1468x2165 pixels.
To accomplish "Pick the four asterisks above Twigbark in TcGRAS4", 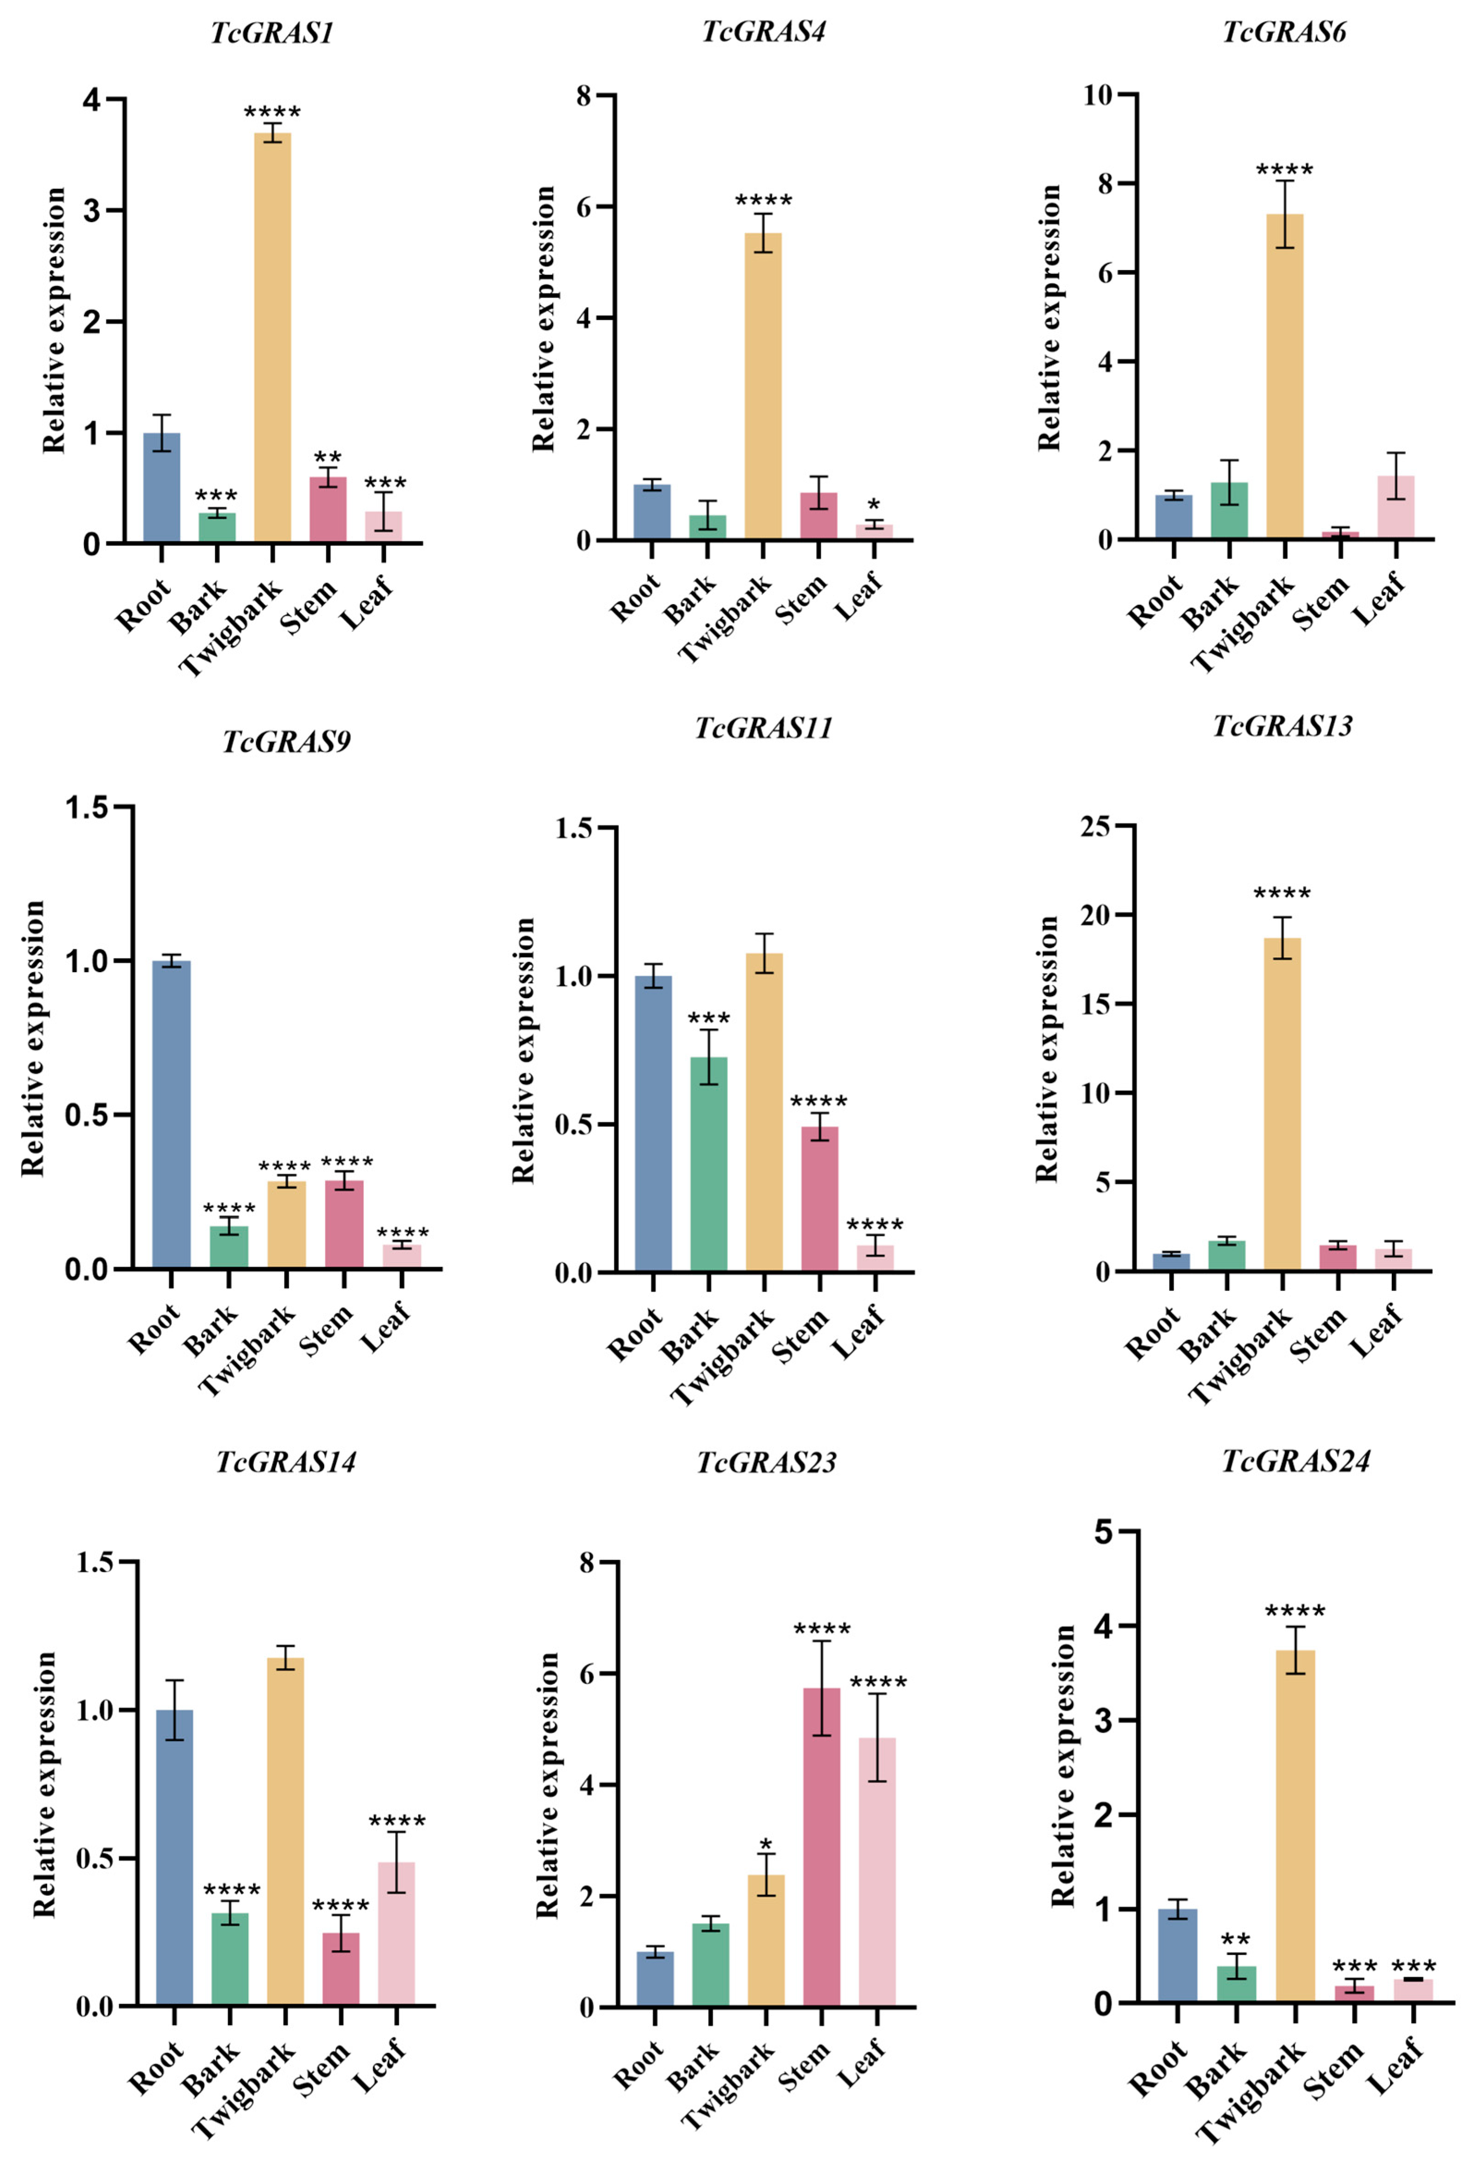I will point(763,200).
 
